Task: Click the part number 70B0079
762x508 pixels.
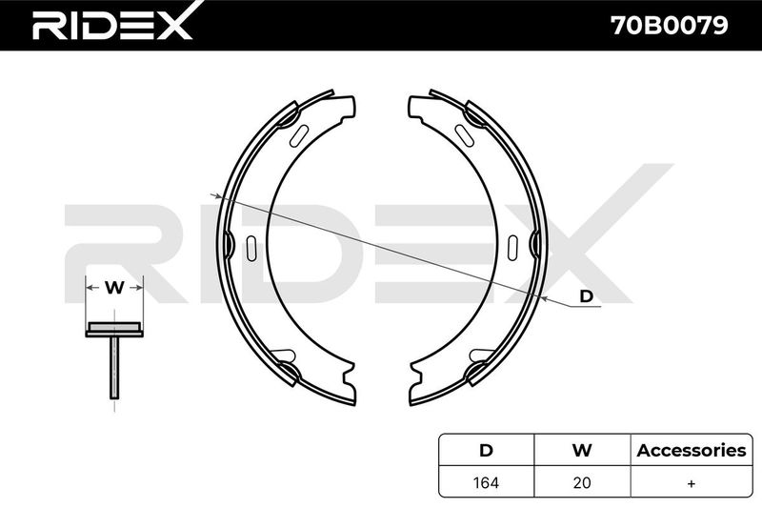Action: click(x=670, y=26)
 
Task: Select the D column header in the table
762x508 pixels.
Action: click(x=486, y=450)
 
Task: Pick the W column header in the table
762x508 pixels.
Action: click(x=582, y=450)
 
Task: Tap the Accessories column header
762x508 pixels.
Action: click(x=692, y=450)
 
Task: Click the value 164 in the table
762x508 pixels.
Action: click(x=486, y=482)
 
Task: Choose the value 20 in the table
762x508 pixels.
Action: click(x=582, y=482)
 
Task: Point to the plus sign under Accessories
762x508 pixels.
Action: click(x=692, y=483)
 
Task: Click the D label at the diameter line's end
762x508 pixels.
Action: click(x=587, y=296)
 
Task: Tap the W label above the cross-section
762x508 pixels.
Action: click(x=114, y=288)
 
